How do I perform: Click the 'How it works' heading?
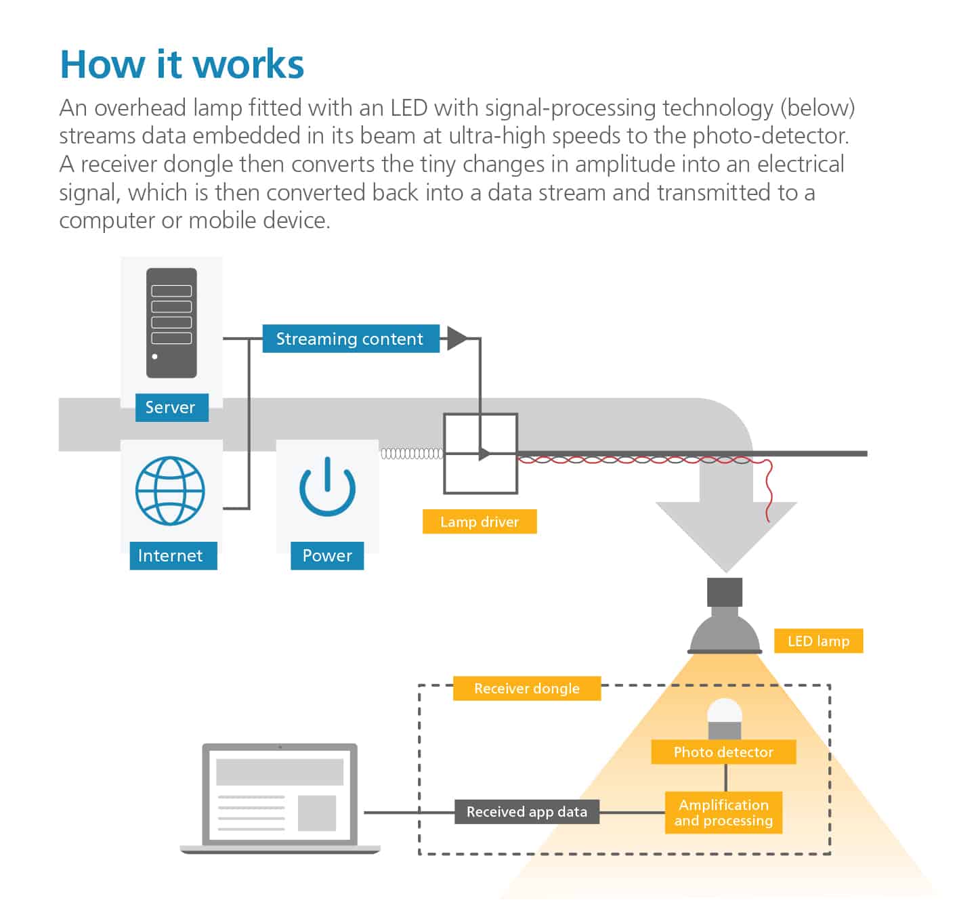[182, 64]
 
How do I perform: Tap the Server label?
[171, 407]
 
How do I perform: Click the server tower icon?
[171, 323]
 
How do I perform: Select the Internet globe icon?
[170, 490]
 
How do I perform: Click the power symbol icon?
[327, 486]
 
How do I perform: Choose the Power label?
[327, 556]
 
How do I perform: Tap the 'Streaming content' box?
[350, 339]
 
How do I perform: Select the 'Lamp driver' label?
[480, 521]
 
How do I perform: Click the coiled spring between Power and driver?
[411, 454]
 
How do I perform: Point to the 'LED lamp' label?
[818, 641]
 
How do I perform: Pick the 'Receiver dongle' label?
[526, 688]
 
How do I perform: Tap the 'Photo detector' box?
[723, 752]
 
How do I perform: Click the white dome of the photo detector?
[725, 712]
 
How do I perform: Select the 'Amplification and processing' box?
[723, 813]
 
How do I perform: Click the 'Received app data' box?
[526, 812]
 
